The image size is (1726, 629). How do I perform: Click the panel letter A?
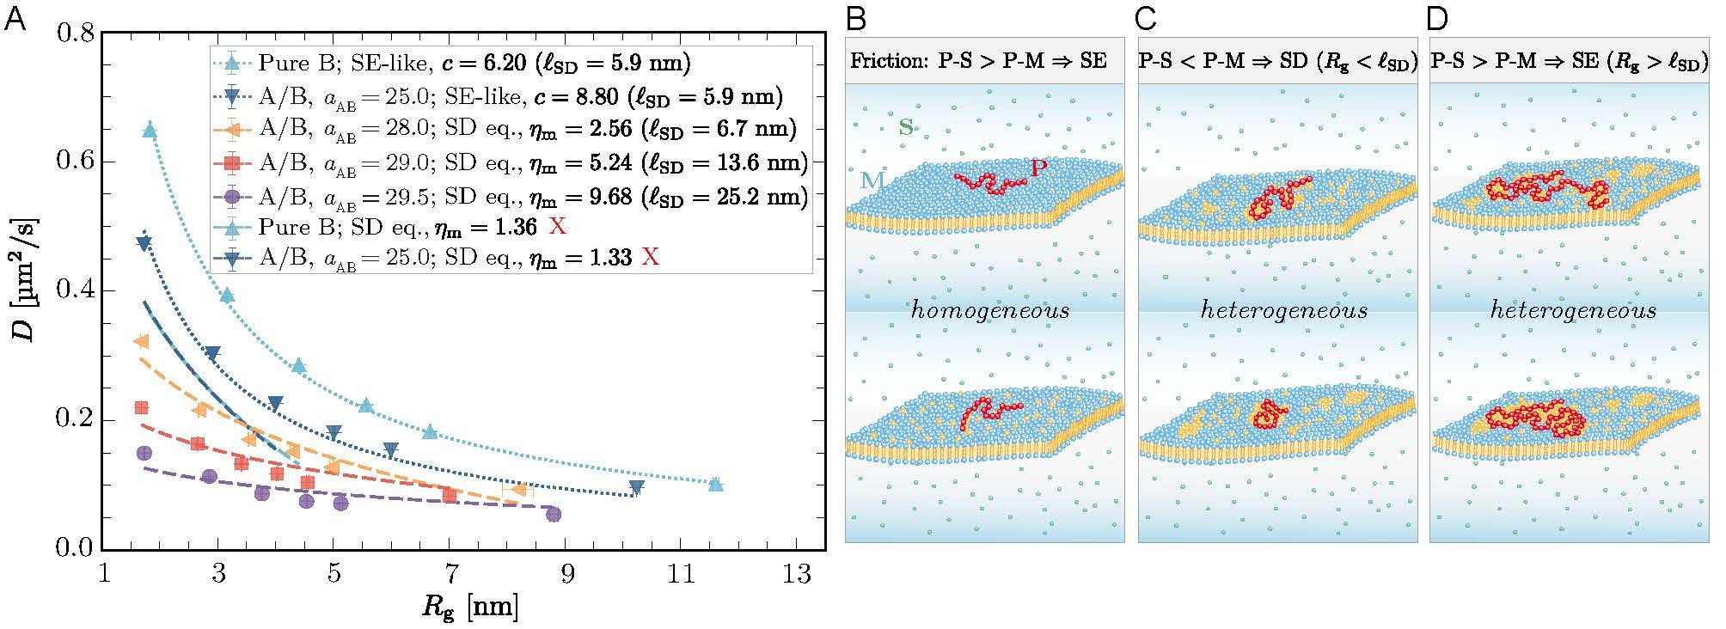(15, 19)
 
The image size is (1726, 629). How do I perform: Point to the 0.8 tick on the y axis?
(75, 34)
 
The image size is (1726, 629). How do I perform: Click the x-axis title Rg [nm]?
(469, 608)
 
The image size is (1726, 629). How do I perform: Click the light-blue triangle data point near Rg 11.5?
(715, 485)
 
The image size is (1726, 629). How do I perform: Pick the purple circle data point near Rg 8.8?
(554, 514)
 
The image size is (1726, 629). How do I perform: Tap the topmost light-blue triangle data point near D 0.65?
(150, 131)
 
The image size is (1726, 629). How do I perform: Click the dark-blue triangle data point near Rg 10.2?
(636, 487)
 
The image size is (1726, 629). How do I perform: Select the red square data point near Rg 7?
(450, 495)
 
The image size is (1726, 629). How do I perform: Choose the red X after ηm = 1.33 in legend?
(652, 257)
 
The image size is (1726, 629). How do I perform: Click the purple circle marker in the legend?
(231, 198)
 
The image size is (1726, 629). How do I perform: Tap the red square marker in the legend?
(231, 162)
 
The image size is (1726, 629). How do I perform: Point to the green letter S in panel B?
(905, 129)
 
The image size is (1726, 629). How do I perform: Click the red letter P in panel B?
(1038, 168)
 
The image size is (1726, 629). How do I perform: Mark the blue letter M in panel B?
(873, 180)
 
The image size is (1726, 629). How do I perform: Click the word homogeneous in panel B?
(989, 310)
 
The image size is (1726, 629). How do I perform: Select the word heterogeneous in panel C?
(1283, 310)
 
